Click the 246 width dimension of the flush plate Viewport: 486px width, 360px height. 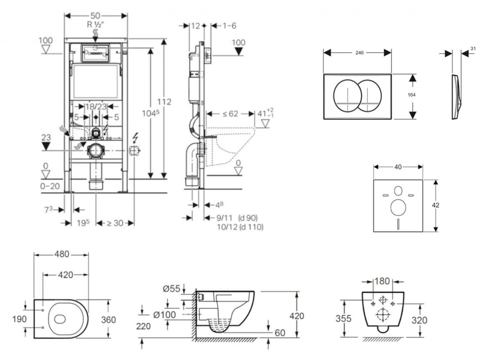click(x=359, y=53)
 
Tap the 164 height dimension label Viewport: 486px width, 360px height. click(x=411, y=95)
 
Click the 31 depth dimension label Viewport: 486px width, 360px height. click(x=473, y=48)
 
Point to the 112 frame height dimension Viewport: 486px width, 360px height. click(x=165, y=102)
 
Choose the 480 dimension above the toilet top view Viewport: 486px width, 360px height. click(x=61, y=254)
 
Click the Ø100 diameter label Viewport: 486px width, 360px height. click(x=165, y=314)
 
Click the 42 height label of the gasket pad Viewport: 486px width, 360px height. click(x=436, y=205)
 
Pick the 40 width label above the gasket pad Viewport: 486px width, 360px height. click(x=398, y=167)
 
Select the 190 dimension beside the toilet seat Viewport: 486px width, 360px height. click(x=20, y=319)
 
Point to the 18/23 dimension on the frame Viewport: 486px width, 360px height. click(x=95, y=106)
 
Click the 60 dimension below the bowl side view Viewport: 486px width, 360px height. click(x=280, y=333)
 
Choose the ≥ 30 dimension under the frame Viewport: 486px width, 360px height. click(x=115, y=222)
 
